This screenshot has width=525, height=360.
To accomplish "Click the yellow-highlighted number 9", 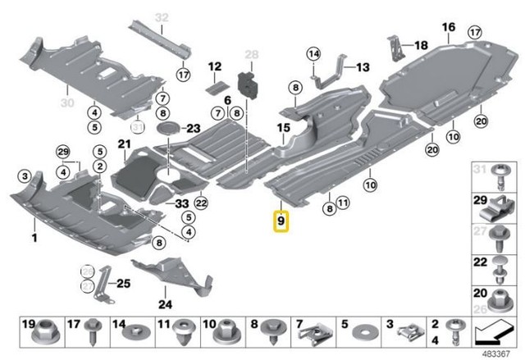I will coord(281,220).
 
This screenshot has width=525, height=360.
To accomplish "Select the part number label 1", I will coord(34,238).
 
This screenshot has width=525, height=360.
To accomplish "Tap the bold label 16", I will coord(448,27).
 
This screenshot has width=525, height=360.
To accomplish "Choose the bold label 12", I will coord(214,65).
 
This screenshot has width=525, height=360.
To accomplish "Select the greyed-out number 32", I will coord(161,17).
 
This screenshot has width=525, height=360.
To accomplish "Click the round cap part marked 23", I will coord(169,129).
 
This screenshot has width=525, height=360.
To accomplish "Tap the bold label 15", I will coord(283,128).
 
